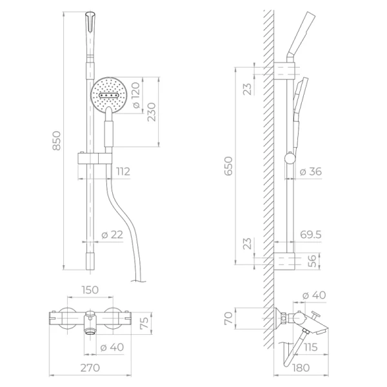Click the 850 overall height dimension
(57, 141)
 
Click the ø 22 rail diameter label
(112, 235)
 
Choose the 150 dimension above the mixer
(90, 290)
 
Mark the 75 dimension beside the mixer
(145, 321)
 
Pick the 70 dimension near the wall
(227, 318)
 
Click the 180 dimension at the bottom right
(299, 368)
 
